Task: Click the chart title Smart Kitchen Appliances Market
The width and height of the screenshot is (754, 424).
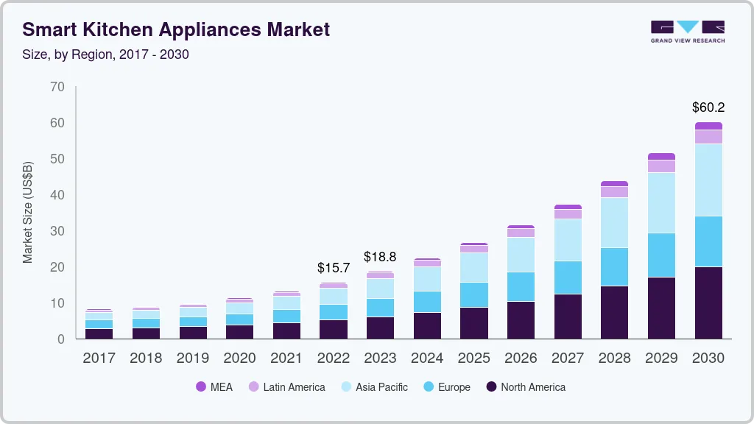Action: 176,29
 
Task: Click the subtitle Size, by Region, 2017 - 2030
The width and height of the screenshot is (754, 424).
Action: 105,54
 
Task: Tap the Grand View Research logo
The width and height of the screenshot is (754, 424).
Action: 687,31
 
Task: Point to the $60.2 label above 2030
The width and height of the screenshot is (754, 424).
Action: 708,107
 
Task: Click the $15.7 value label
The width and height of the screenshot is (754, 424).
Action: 334,268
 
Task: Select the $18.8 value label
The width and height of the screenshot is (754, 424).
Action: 380,257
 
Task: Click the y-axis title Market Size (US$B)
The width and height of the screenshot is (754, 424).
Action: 28,212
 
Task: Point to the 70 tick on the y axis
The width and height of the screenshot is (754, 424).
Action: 57,87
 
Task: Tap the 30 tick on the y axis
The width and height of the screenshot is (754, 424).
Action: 57,231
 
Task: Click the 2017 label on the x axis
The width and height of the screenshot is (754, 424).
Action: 99,358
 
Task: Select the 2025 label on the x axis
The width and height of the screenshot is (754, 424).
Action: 474,358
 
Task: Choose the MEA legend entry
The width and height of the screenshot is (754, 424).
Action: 214,387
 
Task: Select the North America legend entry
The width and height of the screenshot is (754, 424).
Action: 526,387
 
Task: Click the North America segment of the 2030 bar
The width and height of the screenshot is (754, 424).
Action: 708,303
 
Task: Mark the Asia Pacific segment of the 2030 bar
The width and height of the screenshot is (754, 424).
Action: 708,180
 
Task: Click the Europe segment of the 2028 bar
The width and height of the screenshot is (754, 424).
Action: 614,266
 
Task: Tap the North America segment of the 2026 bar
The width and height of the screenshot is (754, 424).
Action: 521,320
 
